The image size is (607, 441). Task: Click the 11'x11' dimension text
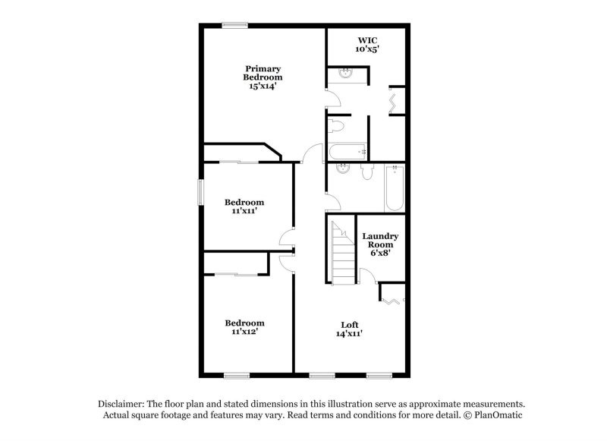pos(244,212)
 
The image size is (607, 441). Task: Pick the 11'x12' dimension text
pos(244,332)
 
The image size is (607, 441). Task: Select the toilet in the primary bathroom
pos(337,125)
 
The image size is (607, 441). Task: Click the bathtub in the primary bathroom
pos(348,152)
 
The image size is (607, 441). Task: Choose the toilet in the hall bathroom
pos(367,172)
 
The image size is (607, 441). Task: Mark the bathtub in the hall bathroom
pos(394,189)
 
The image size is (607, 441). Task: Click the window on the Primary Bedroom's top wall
pos(234,25)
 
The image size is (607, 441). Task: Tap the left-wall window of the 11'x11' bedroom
pos(201,191)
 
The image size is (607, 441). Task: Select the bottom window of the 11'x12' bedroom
pos(237,374)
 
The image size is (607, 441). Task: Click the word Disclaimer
pos(121,405)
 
